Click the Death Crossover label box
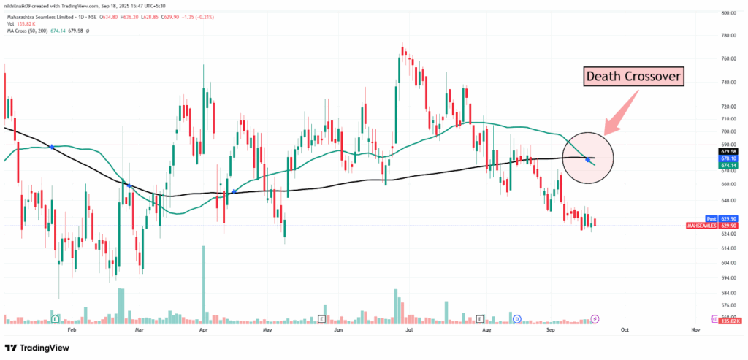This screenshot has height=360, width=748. (x=633, y=76)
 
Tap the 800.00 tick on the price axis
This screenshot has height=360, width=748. (x=726, y=12)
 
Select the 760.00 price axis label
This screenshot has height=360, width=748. (x=726, y=58)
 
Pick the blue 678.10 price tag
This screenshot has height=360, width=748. (x=726, y=158)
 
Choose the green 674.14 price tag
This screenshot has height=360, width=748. (x=726, y=165)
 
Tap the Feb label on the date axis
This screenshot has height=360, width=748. (x=71, y=329)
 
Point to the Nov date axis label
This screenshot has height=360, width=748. (x=695, y=329)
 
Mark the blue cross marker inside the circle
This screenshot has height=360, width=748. (x=588, y=158)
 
